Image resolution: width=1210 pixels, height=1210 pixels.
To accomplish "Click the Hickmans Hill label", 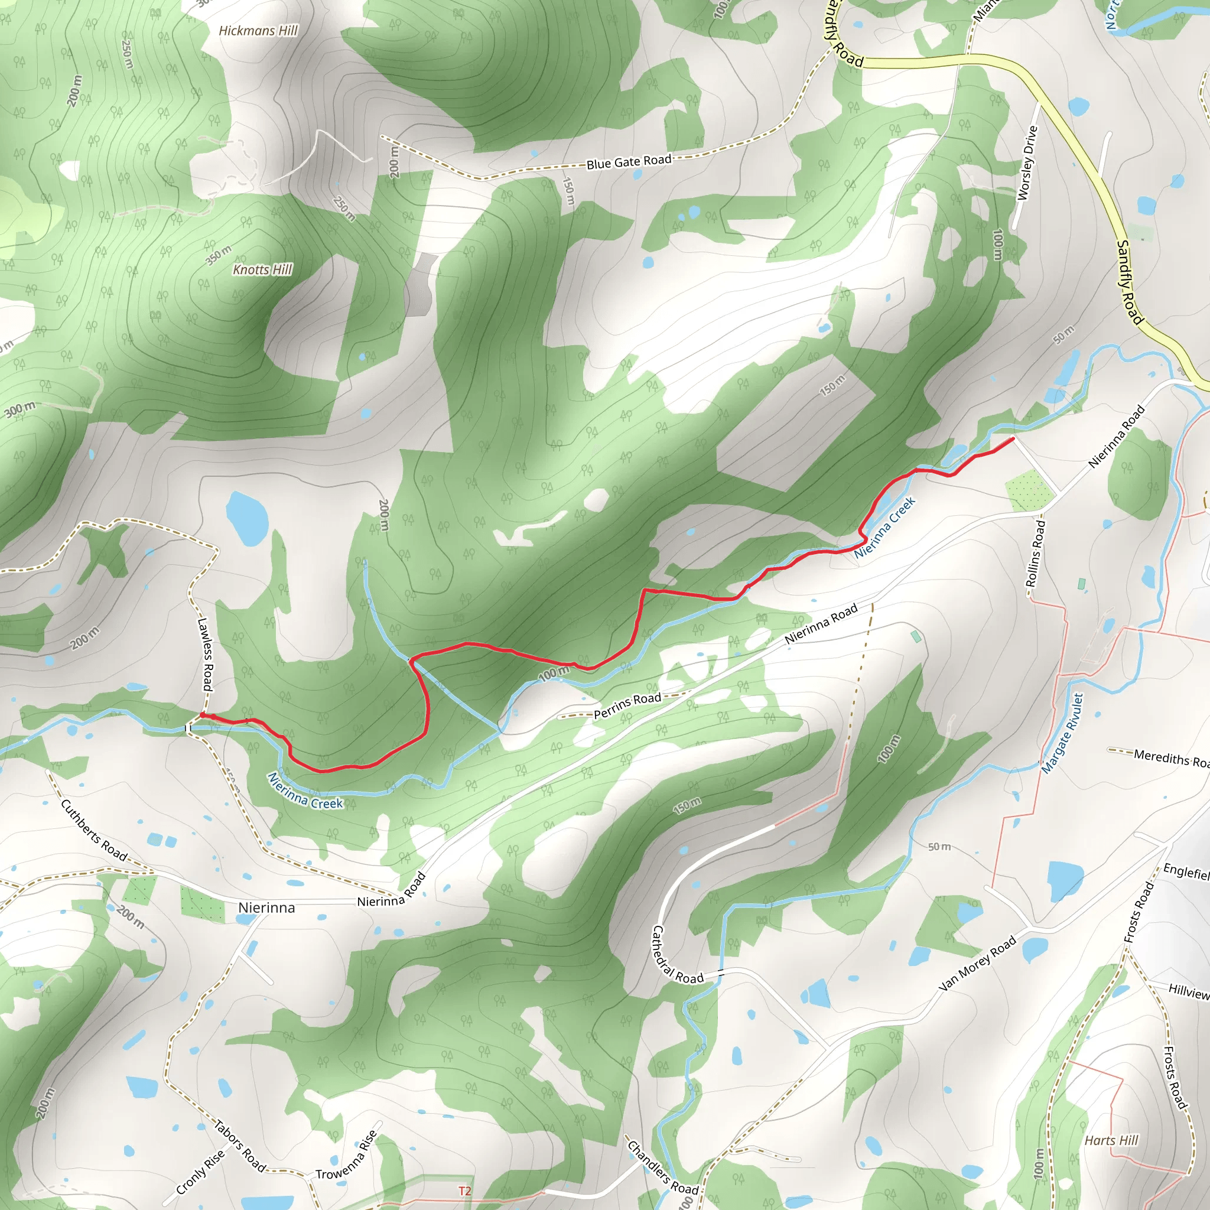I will tap(258, 31).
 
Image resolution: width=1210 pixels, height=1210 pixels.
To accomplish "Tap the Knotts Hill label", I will tap(262, 270).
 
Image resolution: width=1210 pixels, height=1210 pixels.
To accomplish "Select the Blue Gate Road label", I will tap(629, 161).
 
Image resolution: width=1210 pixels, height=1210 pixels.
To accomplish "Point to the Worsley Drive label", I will tap(1027, 163).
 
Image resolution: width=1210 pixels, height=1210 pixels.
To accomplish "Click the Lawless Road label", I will tap(205, 655).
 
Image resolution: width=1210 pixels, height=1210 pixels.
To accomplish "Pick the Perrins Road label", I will tap(627, 706).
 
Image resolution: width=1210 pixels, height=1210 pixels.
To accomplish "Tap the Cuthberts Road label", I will tap(94, 831).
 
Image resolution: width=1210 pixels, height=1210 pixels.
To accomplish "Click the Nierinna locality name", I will tap(266, 907).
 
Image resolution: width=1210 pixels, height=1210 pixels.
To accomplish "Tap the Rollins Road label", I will tap(1035, 553).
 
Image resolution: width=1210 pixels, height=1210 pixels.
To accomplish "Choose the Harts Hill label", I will tap(1111, 1140).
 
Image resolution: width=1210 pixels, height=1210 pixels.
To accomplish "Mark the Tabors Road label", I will tap(240, 1146).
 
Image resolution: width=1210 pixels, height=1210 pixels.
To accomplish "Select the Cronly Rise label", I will tap(200, 1172).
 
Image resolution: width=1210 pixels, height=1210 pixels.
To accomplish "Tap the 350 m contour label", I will tap(219, 255).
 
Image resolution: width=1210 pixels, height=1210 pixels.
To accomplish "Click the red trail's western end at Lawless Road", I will tap(202, 715).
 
